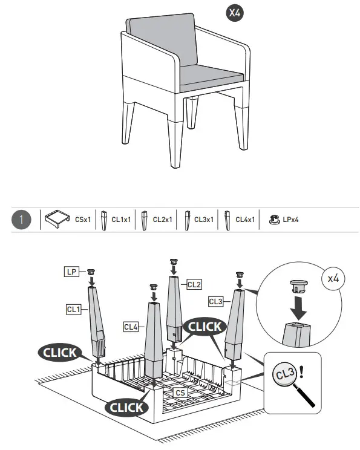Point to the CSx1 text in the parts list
click(x=83, y=220)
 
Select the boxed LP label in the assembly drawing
click(x=71, y=272)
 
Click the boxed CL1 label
click(x=73, y=309)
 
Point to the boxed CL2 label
click(x=194, y=283)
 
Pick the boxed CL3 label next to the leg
click(x=216, y=301)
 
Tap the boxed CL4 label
click(x=131, y=327)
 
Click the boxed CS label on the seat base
click(x=180, y=392)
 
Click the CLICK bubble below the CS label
click(x=126, y=407)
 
